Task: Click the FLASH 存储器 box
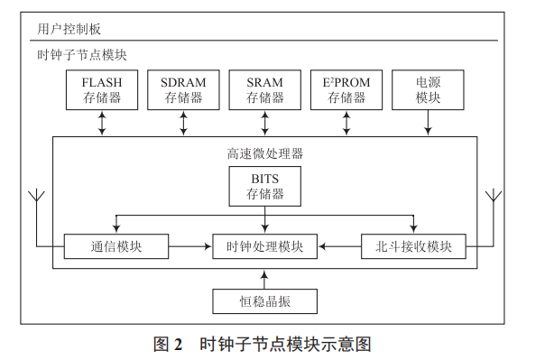[102, 90]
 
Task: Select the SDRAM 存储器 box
[183, 90]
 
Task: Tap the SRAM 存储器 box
[264, 90]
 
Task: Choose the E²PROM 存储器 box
[346, 90]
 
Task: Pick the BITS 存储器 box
[265, 186]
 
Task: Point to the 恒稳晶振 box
[264, 300]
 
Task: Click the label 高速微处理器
[264, 153]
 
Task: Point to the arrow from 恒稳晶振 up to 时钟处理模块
[264, 274]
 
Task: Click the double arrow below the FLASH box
[102, 125]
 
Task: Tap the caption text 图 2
[169, 344]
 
